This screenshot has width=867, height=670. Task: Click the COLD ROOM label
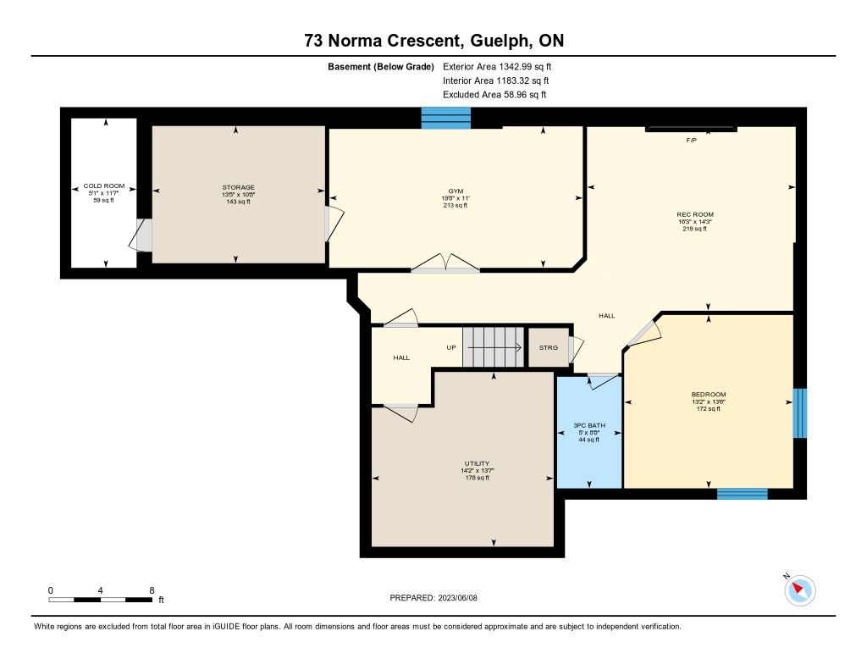(104, 185)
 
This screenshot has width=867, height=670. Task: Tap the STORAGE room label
(238, 187)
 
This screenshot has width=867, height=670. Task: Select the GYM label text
(456, 191)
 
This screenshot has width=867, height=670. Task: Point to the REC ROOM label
(695, 214)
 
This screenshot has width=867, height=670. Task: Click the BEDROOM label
(709, 395)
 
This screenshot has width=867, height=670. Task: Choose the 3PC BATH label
(589, 425)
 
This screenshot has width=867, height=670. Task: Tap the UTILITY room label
(477, 463)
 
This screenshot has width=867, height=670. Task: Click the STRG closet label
(549, 347)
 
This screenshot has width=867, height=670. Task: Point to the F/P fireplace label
(691, 141)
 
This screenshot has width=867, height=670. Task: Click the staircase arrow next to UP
(494, 347)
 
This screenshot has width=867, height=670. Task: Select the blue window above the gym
(445, 118)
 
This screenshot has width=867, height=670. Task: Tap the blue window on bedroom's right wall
(799, 413)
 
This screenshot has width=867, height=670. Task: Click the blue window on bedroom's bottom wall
(742, 494)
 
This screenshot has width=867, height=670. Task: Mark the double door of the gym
(445, 263)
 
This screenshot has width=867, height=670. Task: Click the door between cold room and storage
(141, 235)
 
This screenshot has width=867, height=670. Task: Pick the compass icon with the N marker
(799, 590)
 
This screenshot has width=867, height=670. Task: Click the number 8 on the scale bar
(152, 590)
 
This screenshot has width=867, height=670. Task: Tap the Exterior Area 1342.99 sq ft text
(497, 66)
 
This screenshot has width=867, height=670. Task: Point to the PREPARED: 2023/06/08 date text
(433, 597)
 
